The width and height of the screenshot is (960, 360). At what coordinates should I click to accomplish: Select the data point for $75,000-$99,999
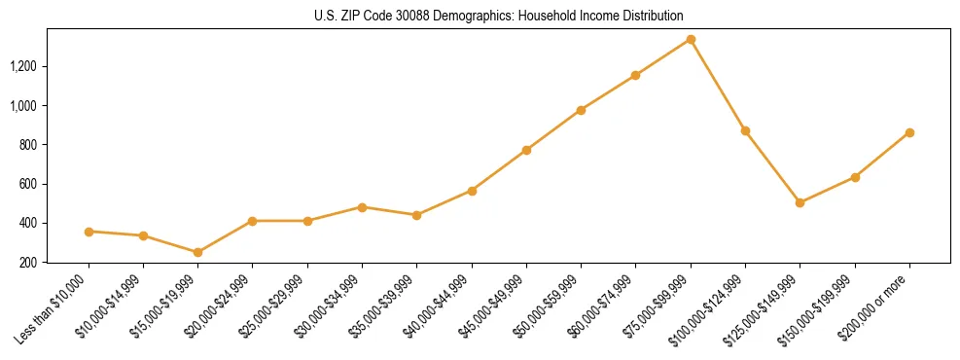[691, 40]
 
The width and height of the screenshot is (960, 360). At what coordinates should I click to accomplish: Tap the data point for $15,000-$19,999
[197, 252]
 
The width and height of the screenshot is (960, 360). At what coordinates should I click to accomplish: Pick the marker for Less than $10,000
[89, 232]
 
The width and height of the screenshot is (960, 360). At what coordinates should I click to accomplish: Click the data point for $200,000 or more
[909, 132]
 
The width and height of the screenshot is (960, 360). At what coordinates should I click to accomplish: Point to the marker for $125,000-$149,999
[800, 202]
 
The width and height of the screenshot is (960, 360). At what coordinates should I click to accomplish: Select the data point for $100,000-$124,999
[745, 130]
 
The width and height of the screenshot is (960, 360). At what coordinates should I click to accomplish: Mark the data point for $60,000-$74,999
[635, 75]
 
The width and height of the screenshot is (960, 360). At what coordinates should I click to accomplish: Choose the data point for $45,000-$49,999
[526, 150]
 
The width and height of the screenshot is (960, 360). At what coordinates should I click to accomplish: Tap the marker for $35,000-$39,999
[416, 215]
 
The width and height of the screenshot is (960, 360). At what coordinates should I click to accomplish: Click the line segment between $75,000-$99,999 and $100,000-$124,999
[718, 86]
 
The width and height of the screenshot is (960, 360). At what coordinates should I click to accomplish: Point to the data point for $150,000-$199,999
[855, 177]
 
